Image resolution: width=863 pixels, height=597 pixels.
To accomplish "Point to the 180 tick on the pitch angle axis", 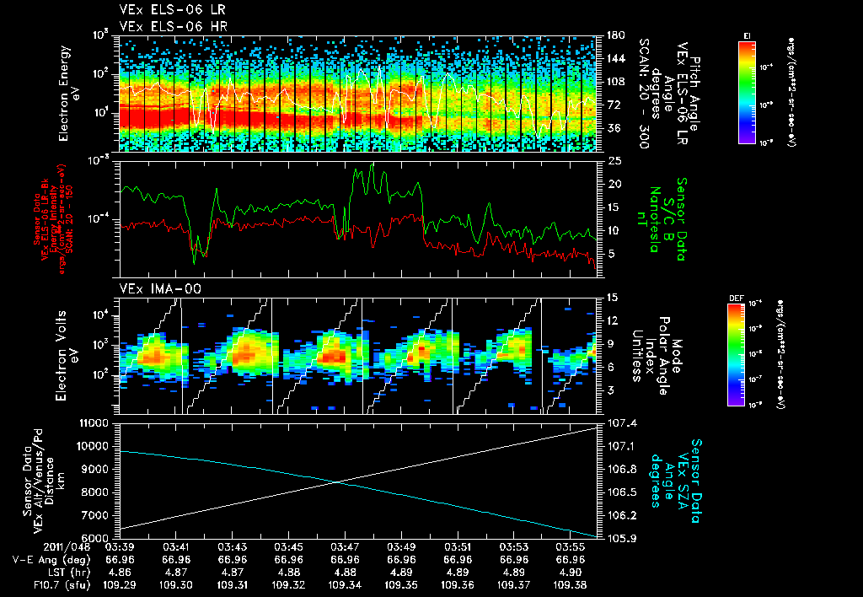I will [614, 35].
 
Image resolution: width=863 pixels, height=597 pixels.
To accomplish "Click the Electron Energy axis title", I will [68, 93].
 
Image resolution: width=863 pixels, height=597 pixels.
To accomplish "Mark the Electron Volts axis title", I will [68, 354].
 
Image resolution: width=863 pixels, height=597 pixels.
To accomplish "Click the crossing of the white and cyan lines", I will [338, 481].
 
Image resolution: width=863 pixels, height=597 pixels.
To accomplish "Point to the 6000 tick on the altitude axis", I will [98, 538].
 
